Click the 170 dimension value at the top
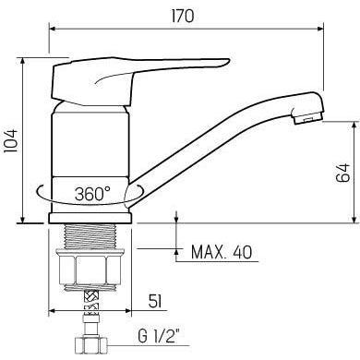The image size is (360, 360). [183, 16]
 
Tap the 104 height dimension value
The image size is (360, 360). [10, 140]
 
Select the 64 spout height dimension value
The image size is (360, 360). [343, 173]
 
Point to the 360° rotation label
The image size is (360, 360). [92, 194]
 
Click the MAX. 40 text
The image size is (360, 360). [222, 252]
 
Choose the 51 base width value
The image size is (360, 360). [155, 301]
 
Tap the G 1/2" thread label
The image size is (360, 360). [159, 336]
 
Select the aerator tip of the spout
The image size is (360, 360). [308, 118]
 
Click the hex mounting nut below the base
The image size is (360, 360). [90, 268]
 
